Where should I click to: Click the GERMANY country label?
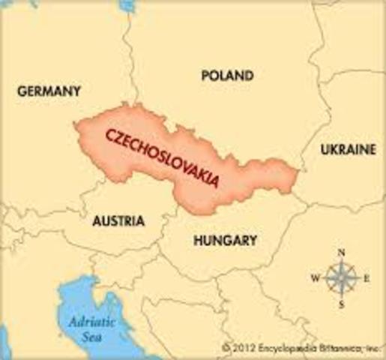tap(48, 91)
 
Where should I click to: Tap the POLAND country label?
tap(227, 76)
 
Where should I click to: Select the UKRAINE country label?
tap(348, 150)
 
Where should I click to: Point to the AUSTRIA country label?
tap(118, 222)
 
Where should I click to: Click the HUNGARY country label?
tap(225, 241)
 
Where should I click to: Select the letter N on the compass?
tap(341, 253)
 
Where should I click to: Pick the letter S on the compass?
tap(341, 304)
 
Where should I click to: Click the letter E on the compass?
tap(367, 278)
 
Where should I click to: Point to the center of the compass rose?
tap(341, 278)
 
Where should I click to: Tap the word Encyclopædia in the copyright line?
tap(280, 349)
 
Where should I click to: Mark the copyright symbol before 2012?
tap(226, 349)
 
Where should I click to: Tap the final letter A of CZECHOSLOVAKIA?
tap(215, 183)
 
